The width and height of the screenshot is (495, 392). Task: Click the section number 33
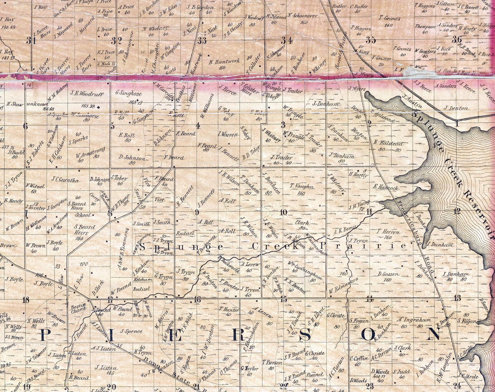(x=202, y=40)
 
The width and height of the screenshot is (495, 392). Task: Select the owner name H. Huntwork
(x=222, y=62)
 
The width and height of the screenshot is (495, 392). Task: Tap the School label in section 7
(x=83, y=215)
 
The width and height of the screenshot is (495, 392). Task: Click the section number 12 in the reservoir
(x=457, y=212)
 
